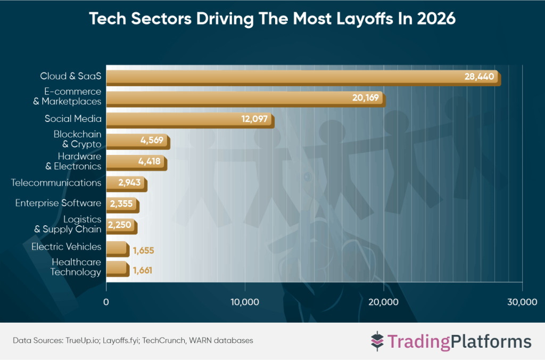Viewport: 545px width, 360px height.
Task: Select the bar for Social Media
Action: [x=189, y=119]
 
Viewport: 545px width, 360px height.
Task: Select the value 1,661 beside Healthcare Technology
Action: [x=143, y=270]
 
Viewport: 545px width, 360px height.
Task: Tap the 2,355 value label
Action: [x=121, y=204]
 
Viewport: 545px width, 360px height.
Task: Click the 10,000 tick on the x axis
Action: [x=245, y=302]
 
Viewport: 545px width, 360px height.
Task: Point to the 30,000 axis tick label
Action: [x=522, y=302]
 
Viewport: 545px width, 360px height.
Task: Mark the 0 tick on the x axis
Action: [x=106, y=302]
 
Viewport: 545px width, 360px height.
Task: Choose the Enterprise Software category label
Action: [x=58, y=203]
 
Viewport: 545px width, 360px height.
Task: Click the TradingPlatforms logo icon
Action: [x=377, y=340]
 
